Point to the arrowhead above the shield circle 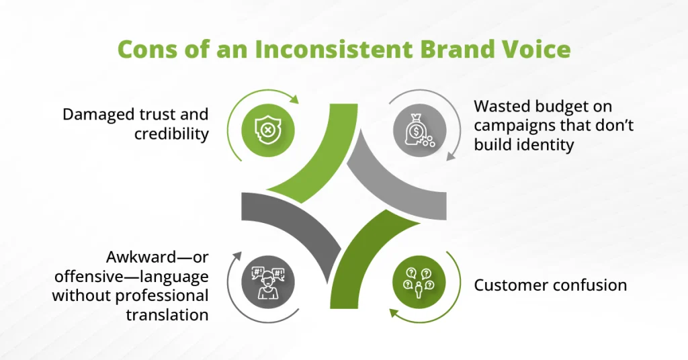point(294,100)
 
